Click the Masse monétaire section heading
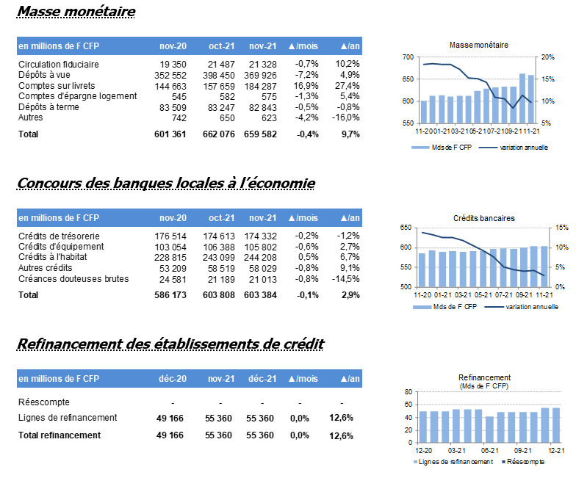[x=76, y=12]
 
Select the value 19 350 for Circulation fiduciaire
[x=173, y=65]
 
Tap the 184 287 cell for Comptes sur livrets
[x=260, y=87]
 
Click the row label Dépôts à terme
[x=48, y=107]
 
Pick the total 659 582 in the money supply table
[x=260, y=134]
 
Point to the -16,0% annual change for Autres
[x=345, y=117]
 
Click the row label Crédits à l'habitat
[x=53, y=257]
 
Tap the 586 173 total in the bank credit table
[x=170, y=295]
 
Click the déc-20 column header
[x=173, y=379]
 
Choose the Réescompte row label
[x=44, y=402]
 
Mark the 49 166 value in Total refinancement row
[x=170, y=435]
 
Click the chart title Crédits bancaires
[x=483, y=219]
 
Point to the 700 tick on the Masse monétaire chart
[x=408, y=57]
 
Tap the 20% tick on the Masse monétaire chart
[x=548, y=57]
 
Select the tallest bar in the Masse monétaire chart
[x=522, y=98]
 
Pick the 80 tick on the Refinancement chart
[x=408, y=392]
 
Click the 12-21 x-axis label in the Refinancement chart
[x=556, y=451]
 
